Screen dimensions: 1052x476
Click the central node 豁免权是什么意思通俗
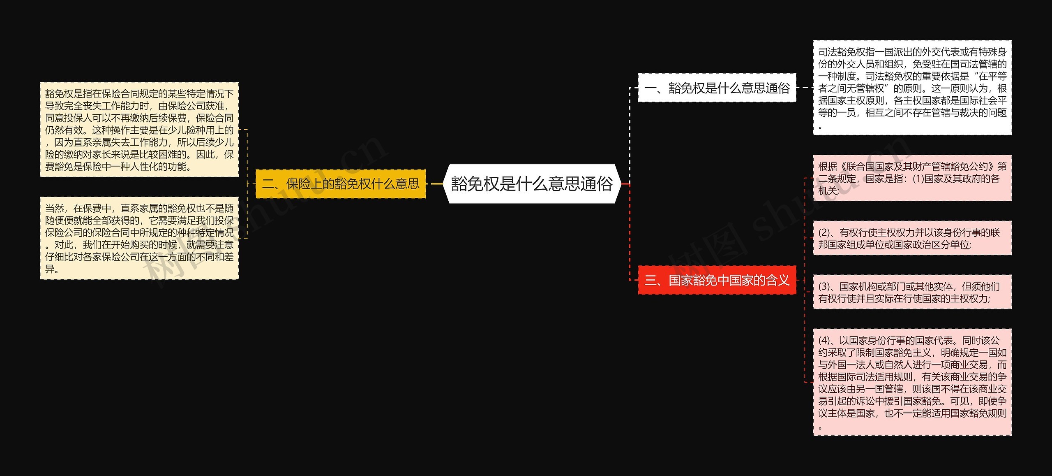click(532, 184)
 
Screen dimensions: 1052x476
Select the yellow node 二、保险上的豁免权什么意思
click(340, 184)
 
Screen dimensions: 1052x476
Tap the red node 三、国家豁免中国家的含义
click(717, 281)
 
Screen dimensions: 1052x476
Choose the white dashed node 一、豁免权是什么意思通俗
click(717, 88)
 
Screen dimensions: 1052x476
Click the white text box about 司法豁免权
click(912, 88)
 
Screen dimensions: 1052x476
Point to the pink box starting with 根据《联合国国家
click(912, 178)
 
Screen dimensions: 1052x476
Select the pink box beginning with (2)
click(912, 238)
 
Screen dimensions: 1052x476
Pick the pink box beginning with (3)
click(912, 292)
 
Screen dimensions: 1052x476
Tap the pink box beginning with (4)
click(912, 382)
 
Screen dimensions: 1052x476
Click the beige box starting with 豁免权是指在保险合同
click(139, 130)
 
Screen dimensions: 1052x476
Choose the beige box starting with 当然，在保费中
click(139, 238)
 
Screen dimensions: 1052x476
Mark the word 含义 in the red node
click(777, 281)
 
